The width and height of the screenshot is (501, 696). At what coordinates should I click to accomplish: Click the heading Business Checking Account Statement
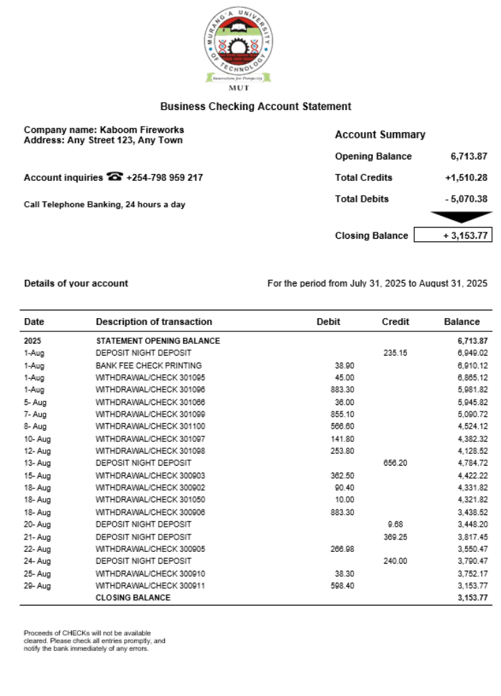tap(255, 106)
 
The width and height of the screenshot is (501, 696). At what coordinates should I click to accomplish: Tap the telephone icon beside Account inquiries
tap(115, 177)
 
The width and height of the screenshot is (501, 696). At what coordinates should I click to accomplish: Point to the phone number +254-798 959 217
tap(165, 177)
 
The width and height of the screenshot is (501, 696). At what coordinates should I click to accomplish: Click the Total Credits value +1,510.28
tap(466, 177)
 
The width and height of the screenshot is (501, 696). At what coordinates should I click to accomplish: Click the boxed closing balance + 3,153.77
tap(453, 235)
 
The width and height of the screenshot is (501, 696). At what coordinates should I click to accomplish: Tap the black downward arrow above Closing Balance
tap(452, 216)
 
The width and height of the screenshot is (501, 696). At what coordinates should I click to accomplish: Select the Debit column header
tap(328, 322)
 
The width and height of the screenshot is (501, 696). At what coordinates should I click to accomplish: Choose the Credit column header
tap(395, 322)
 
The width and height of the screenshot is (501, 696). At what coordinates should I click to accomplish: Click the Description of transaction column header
tap(154, 322)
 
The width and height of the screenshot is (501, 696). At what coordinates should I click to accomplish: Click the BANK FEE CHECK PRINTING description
tap(148, 365)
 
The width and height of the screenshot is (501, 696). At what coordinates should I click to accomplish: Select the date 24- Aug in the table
tap(38, 561)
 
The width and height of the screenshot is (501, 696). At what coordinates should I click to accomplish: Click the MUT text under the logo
tap(239, 88)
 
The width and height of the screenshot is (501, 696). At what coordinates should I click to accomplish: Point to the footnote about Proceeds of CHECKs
tap(95, 641)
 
